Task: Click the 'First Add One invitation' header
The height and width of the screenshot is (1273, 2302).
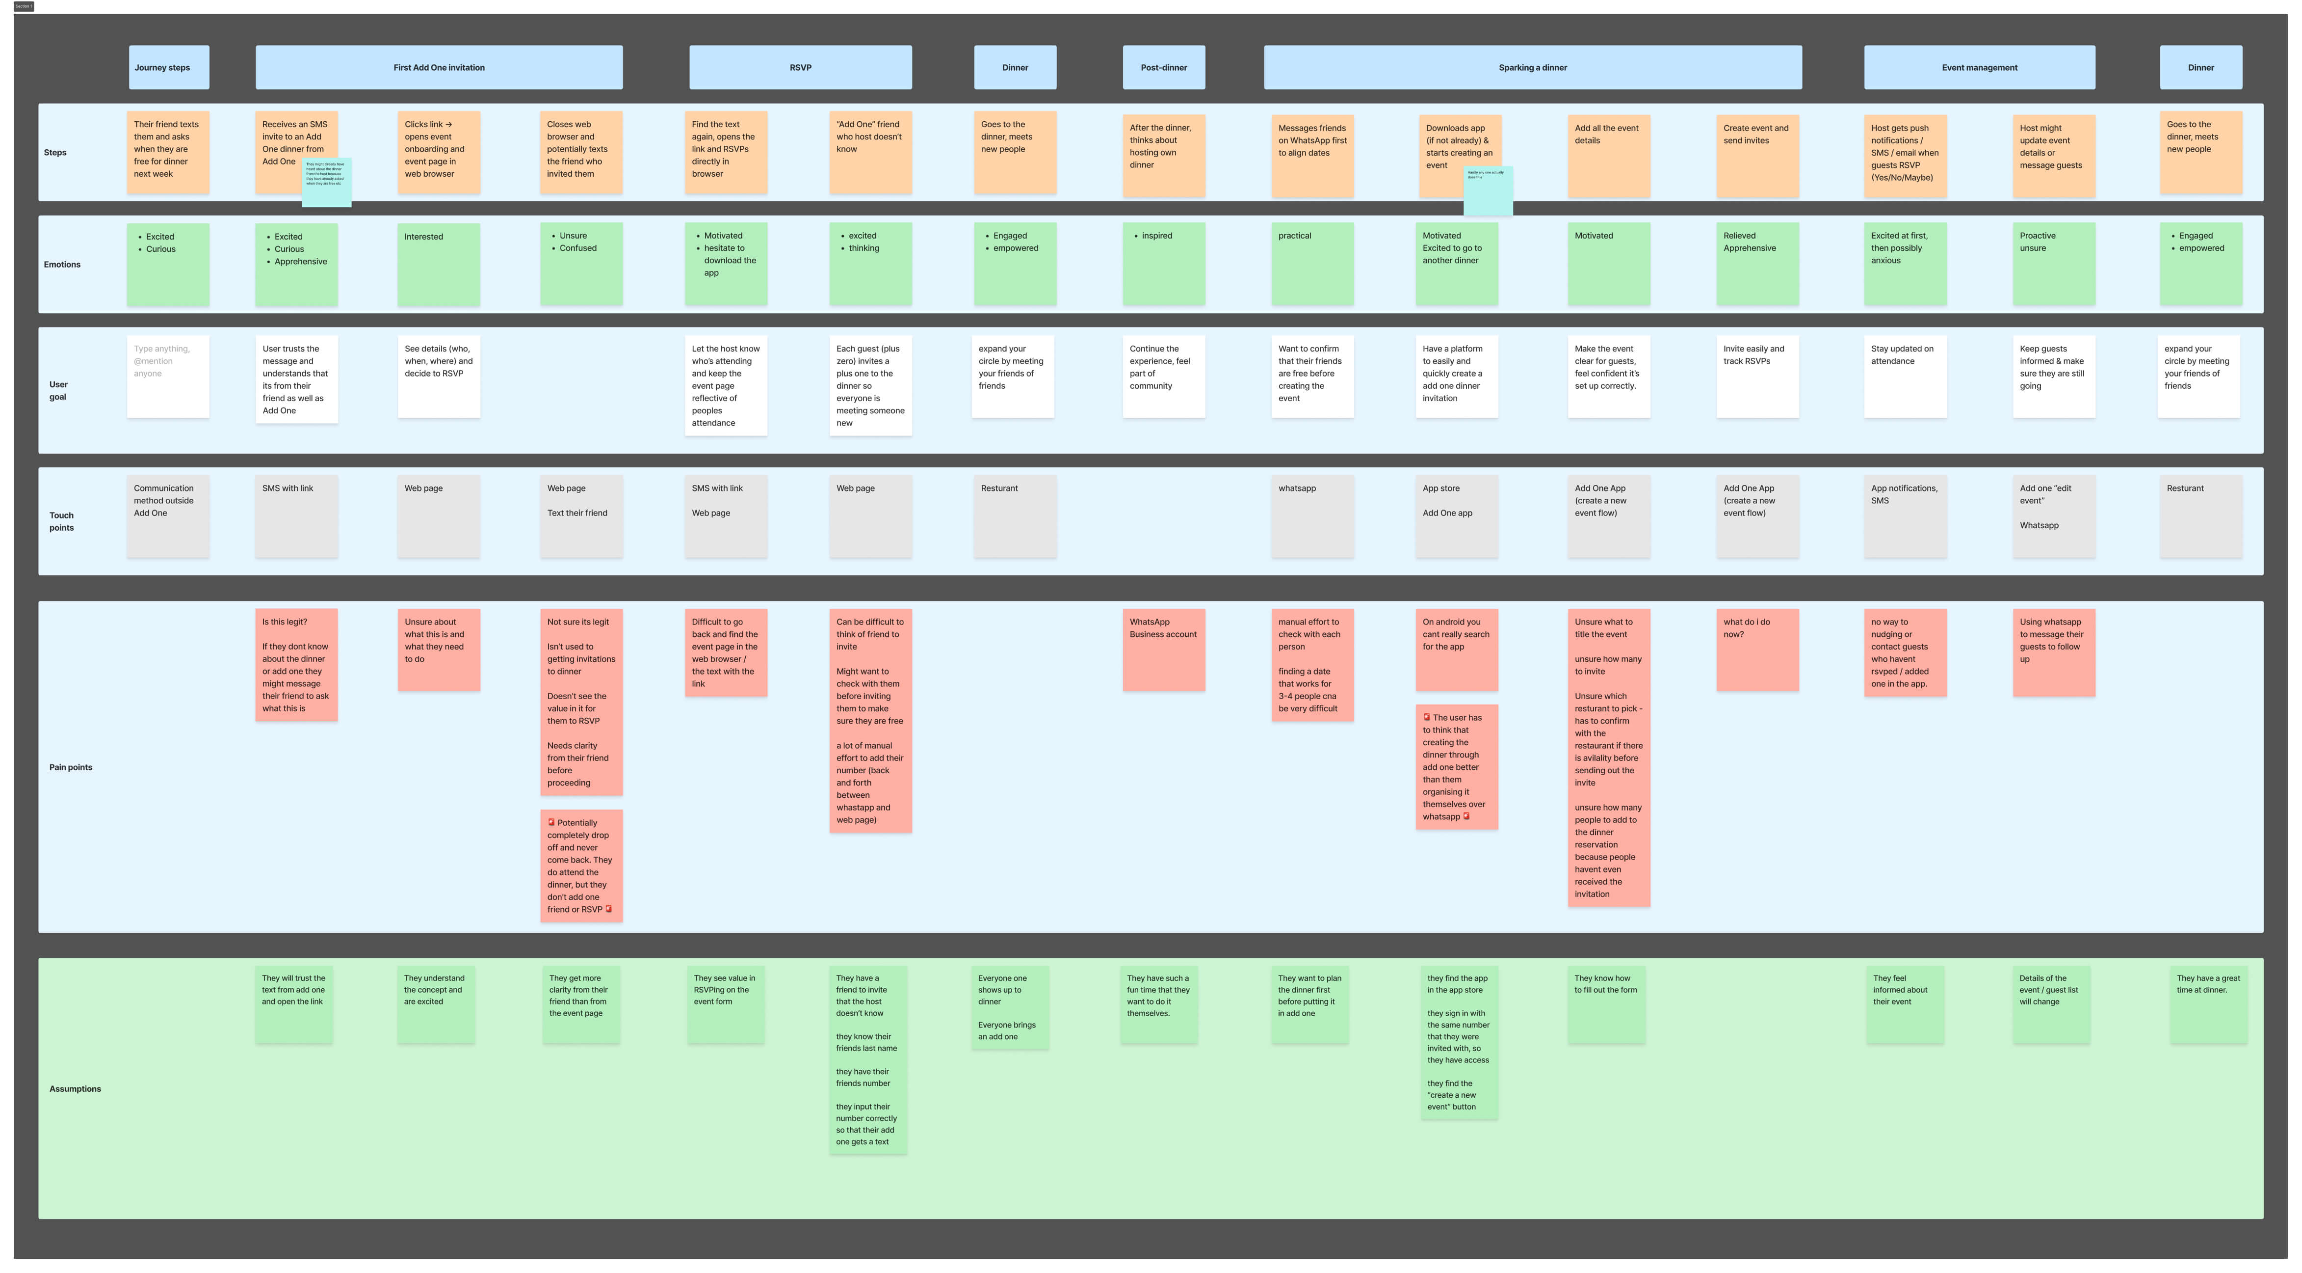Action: click(x=439, y=67)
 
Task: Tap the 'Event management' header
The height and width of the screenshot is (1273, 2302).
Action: click(x=1979, y=67)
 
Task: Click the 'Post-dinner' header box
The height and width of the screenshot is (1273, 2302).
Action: click(x=1164, y=67)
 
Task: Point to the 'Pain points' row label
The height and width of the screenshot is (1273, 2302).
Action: click(x=71, y=767)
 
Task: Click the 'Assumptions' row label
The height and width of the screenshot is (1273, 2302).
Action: click(x=75, y=1089)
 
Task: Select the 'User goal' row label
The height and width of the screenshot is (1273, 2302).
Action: click(x=58, y=391)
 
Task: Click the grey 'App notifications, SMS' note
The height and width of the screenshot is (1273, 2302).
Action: click(x=1904, y=516)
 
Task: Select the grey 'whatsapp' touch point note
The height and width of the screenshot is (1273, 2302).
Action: click(x=1312, y=516)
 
